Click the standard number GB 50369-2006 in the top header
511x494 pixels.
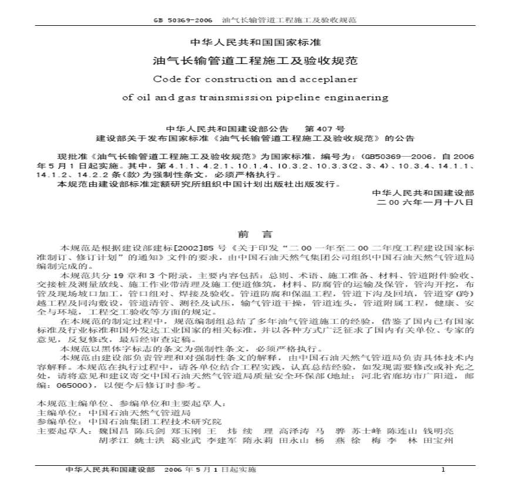(184, 20)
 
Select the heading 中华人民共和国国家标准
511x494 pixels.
(255, 42)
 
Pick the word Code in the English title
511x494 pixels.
(164, 78)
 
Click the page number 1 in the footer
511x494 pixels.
(443, 471)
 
